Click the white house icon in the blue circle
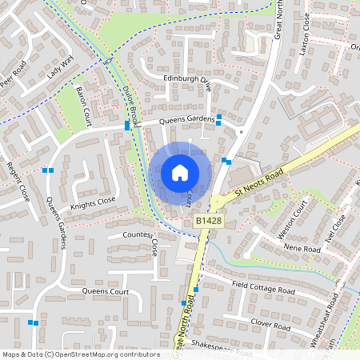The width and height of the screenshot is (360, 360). (179, 173)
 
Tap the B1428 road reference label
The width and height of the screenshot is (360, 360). (208, 219)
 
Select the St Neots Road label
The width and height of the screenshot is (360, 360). (260, 183)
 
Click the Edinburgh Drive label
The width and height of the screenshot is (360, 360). (186, 79)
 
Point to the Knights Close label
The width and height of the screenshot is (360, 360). (94, 201)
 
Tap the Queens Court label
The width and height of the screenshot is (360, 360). (106, 292)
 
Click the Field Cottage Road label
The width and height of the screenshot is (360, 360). (263, 287)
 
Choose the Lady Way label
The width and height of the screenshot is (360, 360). (59, 66)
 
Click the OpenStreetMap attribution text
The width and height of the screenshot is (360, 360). (81, 354)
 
